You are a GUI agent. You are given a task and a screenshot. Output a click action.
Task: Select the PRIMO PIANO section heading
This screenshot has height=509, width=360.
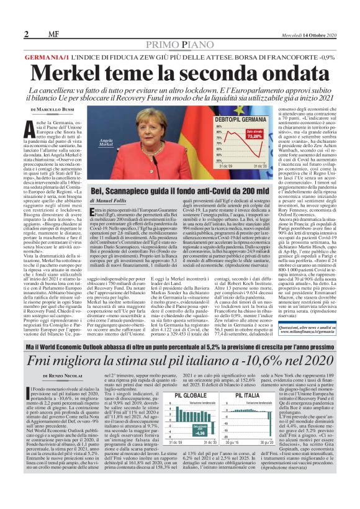tap(180, 45)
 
